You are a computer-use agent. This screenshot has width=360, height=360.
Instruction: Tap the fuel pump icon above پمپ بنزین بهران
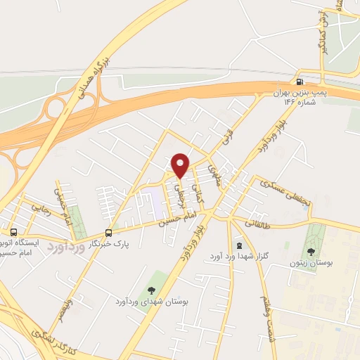click(301, 81)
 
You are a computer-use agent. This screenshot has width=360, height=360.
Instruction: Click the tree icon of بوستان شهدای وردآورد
click(151, 290)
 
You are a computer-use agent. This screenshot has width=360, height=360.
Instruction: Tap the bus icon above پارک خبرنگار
click(108, 232)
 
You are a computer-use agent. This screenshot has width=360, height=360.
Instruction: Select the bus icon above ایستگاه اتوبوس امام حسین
click(14, 232)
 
